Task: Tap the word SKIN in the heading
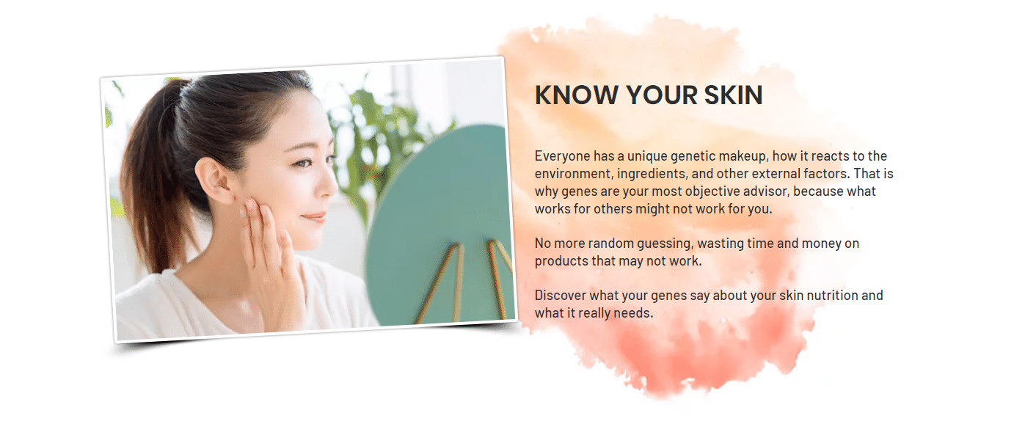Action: pyautogui.click(x=733, y=95)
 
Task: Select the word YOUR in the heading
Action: pyautogui.click(x=662, y=95)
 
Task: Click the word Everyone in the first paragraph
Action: pyautogui.click(x=562, y=157)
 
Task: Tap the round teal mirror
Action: pyautogui.click(x=439, y=227)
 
